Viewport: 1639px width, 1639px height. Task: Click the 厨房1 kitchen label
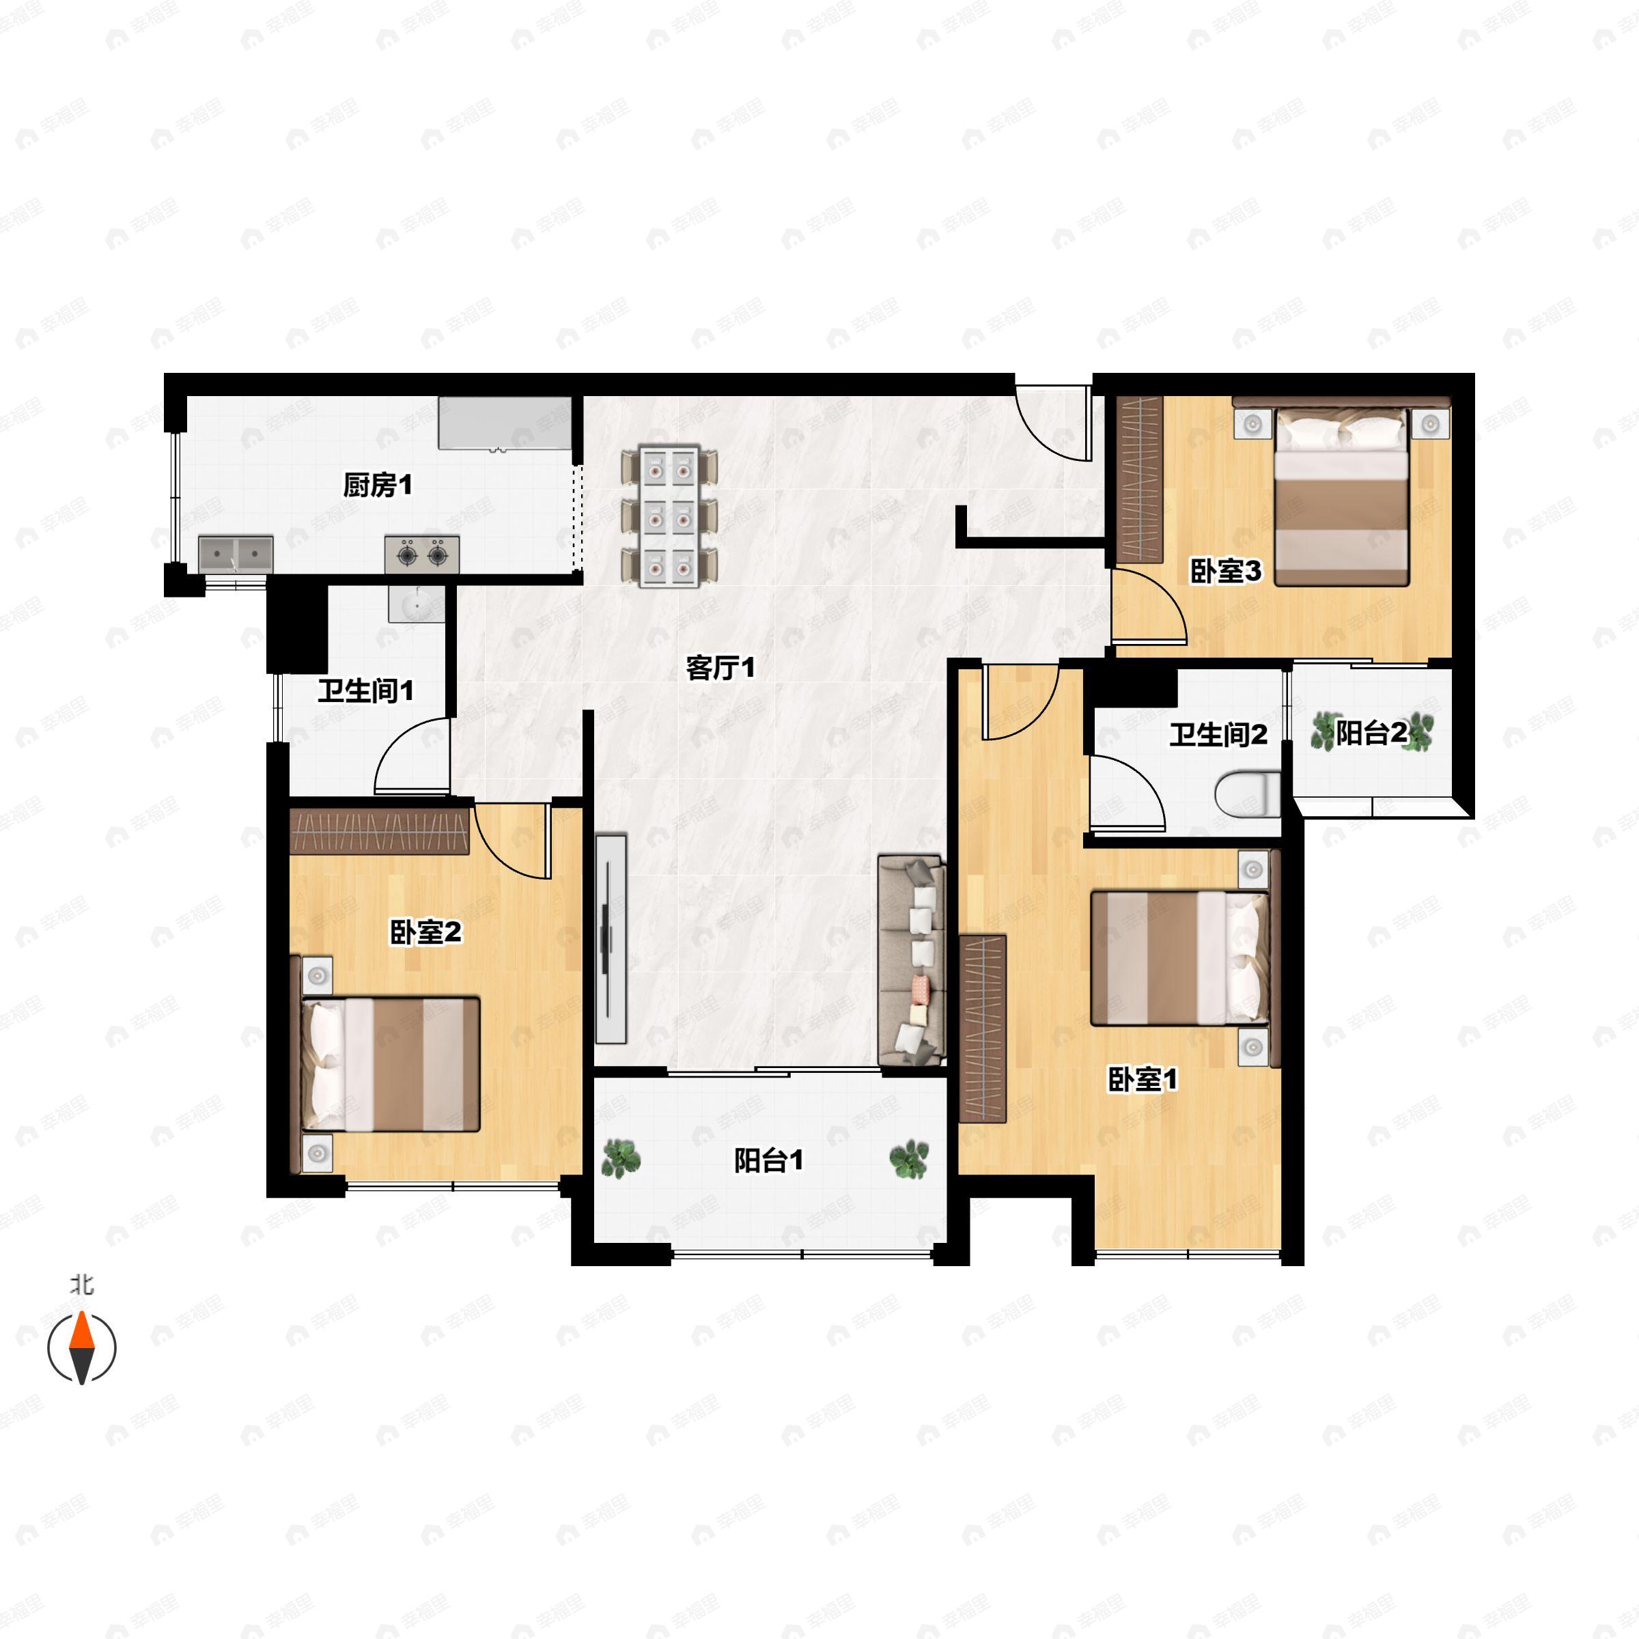tap(378, 486)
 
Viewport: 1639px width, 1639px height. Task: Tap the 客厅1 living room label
tap(720, 669)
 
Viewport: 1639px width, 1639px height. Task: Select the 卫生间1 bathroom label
tap(365, 690)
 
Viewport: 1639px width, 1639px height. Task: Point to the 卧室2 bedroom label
tap(425, 932)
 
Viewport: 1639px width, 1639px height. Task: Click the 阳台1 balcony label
tap(768, 1160)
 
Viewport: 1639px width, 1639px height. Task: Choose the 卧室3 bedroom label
tap(1226, 571)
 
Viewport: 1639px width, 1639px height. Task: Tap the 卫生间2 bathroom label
tap(1218, 735)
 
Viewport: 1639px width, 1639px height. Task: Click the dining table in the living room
tap(669, 516)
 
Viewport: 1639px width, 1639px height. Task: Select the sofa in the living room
tap(912, 960)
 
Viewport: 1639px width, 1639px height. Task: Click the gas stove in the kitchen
tap(421, 554)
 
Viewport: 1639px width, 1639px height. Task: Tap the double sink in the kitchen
tap(236, 554)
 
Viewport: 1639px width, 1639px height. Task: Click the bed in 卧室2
tap(386, 1064)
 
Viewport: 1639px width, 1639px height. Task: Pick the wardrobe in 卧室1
tap(983, 1028)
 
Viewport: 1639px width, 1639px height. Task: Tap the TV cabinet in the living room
tap(610, 939)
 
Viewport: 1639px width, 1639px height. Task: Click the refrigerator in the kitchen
tap(505, 423)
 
